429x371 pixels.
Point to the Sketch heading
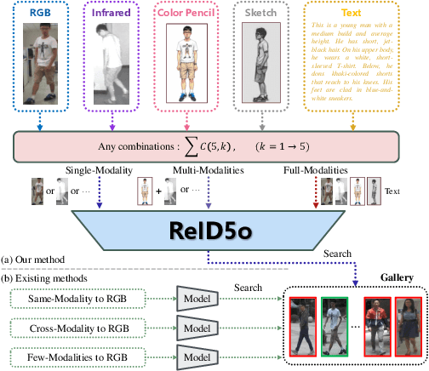pos(261,13)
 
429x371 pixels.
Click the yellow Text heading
pos(351,13)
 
